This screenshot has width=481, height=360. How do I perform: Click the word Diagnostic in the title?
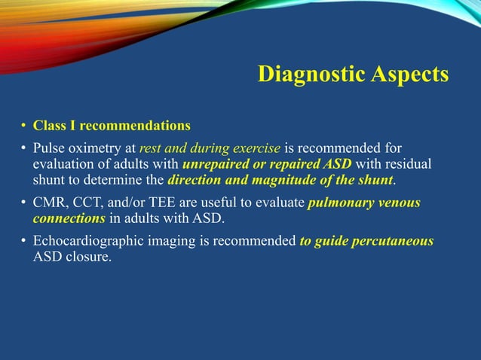coord(311,75)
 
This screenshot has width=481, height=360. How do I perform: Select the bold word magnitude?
coord(282,179)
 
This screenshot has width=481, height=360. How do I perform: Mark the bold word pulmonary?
coord(343,203)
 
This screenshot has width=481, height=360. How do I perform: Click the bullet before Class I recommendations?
coord(23,125)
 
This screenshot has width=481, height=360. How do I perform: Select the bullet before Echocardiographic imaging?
coord(23,242)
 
